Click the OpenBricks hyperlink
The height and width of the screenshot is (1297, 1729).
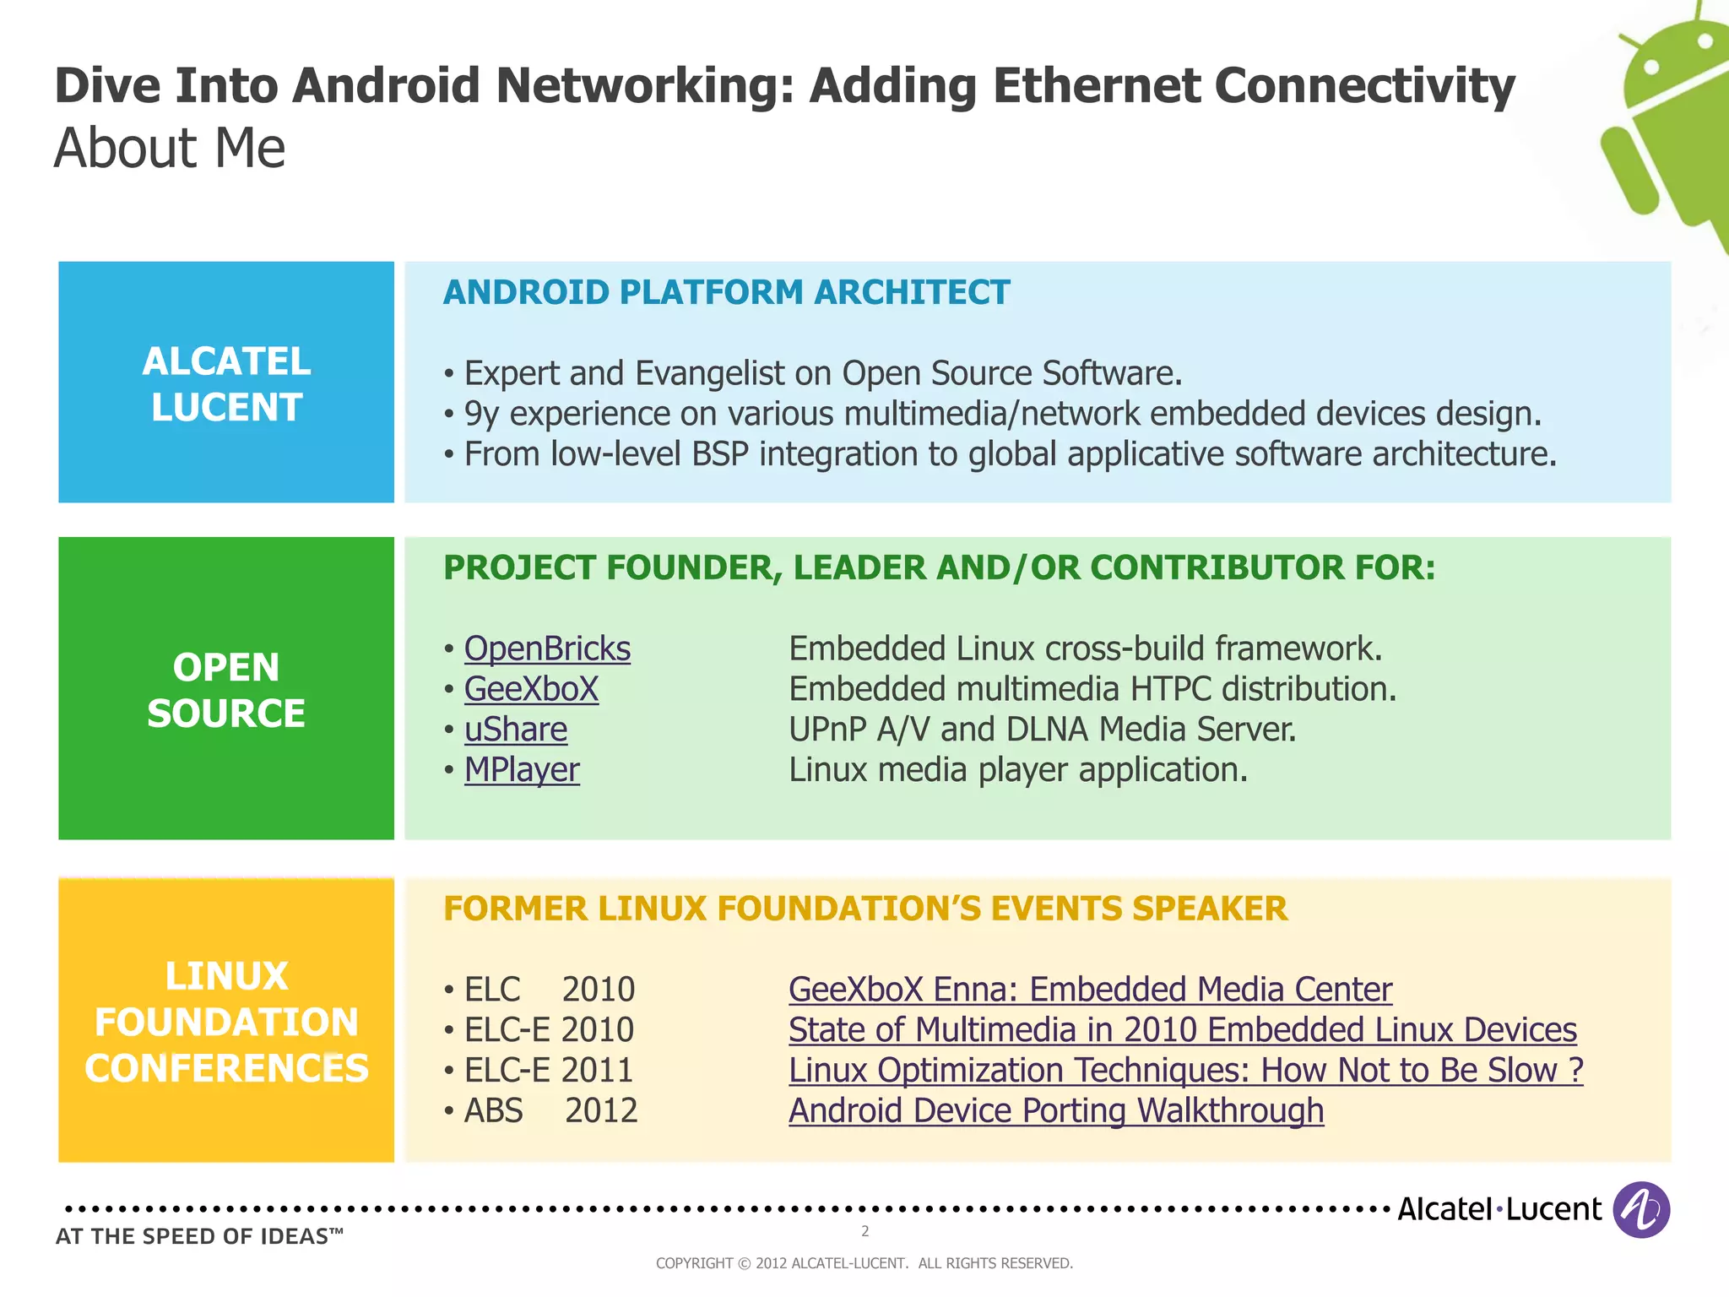[x=547, y=648]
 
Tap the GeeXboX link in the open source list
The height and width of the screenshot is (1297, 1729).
[x=531, y=689]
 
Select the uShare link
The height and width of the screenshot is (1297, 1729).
[x=516, y=730]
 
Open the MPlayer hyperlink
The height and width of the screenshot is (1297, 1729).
[x=522, y=770]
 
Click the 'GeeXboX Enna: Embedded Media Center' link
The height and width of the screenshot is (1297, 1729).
[x=1090, y=990]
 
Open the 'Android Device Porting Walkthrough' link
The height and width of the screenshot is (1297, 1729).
[x=1056, y=1111]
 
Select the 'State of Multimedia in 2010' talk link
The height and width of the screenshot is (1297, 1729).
[x=1182, y=1030]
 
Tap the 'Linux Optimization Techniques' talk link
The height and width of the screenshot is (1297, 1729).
[x=1185, y=1071]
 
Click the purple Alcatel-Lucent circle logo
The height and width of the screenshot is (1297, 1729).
[x=1641, y=1210]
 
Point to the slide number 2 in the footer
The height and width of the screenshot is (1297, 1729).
[x=864, y=1231]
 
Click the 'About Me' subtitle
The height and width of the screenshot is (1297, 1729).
[x=170, y=149]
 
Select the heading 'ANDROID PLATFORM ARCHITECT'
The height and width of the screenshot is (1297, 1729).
[x=726, y=292]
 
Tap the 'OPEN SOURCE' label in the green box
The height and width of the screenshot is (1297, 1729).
[x=226, y=690]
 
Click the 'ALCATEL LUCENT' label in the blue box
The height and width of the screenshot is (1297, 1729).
[x=226, y=384]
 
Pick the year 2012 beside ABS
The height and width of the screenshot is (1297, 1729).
[x=601, y=1111]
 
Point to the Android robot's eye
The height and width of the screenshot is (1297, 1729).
[x=1652, y=67]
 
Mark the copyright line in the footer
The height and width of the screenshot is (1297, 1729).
[x=864, y=1263]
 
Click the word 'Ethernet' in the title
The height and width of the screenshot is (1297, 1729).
[x=1097, y=86]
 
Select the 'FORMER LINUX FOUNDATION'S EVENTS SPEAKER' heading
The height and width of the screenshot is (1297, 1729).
[x=865, y=909]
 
